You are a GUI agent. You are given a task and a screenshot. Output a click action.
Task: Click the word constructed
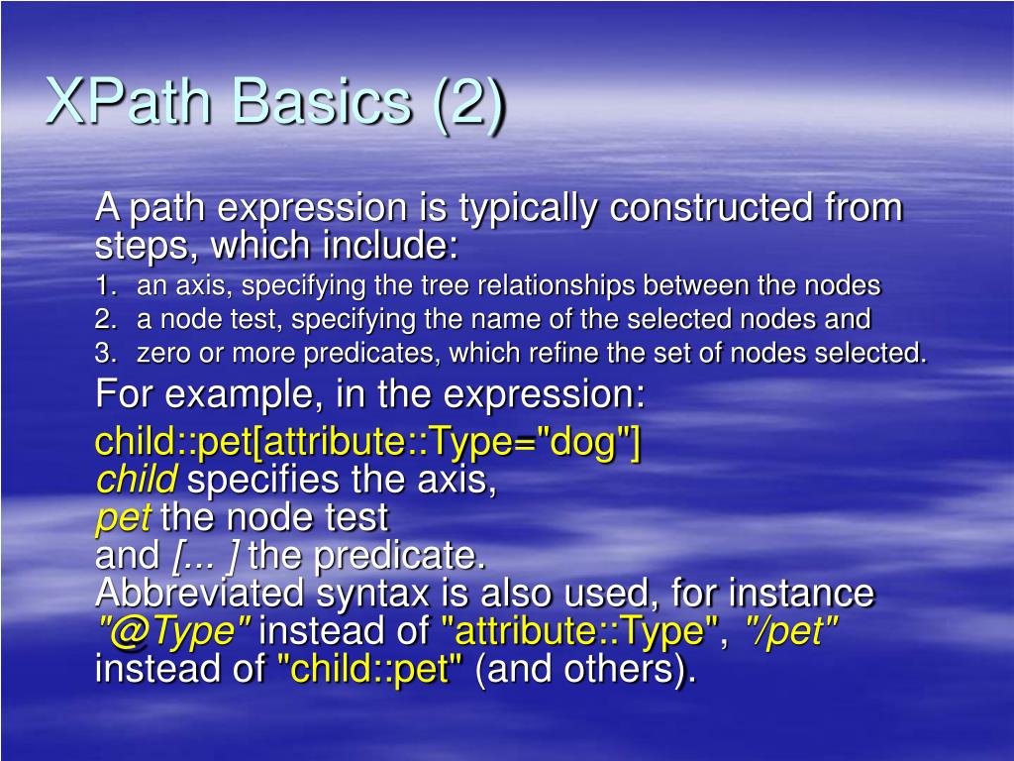[x=711, y=208]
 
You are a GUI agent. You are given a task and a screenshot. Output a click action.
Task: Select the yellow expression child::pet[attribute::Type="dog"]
[x=367, y=443]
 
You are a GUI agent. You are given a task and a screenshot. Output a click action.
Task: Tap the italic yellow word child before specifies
[x=137, y=481]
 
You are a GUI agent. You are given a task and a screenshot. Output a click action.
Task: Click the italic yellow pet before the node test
[x=123, y=517]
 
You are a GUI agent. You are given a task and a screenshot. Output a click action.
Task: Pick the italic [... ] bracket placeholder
[x=205, y=556]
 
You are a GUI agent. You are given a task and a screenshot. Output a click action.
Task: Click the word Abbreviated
[x=199, y=594]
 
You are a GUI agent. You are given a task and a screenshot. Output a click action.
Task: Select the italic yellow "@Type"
[x=172, y=631]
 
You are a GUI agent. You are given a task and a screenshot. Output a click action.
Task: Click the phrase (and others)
[x=585, y=669]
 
